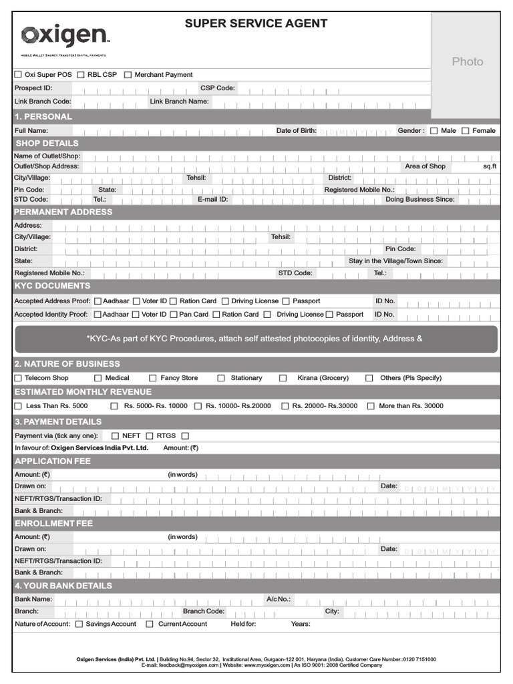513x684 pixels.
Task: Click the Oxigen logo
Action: [65, 36]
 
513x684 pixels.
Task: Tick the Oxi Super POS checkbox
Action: [18, 75]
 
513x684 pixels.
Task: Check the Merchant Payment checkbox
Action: [128, 75]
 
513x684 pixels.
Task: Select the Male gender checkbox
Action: [434, 131]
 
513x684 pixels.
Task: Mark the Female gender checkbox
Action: [466, 131]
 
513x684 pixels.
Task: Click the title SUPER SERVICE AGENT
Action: [256, 23]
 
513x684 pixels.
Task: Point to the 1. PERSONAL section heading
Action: [43, 117]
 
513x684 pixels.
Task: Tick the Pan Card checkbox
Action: [174, 315]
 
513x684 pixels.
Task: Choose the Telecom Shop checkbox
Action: [18, 378]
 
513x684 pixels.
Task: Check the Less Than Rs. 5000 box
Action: [18, 406]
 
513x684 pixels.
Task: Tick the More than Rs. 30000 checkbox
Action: [371, 406]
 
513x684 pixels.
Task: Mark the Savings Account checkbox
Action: [79, 624]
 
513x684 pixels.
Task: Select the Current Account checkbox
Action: [151, 624]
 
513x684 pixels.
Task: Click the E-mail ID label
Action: [212, 199]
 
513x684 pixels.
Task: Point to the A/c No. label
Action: [279, 599]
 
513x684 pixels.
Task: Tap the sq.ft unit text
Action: [490, 166]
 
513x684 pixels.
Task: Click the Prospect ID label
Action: [33, 88]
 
